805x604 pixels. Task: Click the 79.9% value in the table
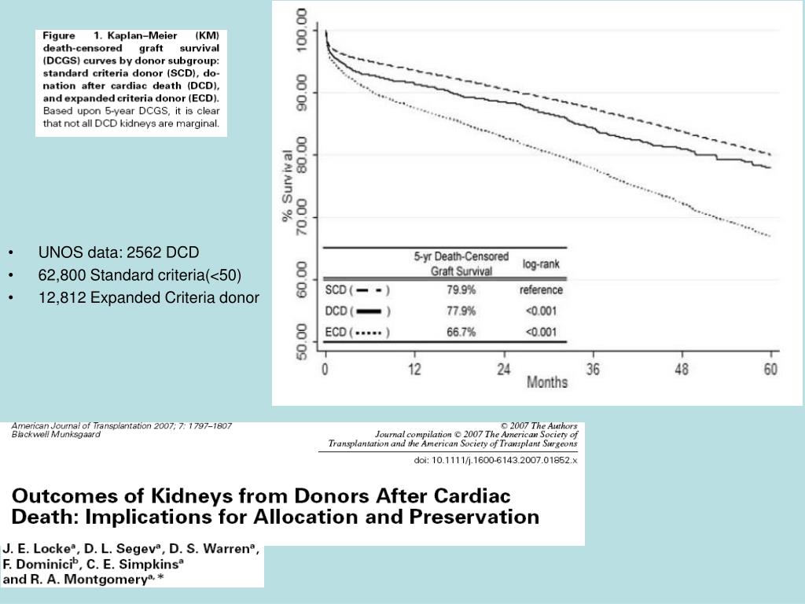click(461, 289)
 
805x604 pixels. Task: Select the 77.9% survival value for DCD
click(461, 311)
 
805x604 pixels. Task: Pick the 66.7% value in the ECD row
click(461, 332)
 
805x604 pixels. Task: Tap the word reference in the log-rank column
click(541, 289)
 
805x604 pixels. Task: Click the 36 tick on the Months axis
click(592, 370)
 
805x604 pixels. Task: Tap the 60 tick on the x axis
click(771, 370)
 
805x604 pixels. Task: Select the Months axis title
click(546, 383)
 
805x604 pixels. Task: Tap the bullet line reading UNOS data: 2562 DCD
click(119, 252)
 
